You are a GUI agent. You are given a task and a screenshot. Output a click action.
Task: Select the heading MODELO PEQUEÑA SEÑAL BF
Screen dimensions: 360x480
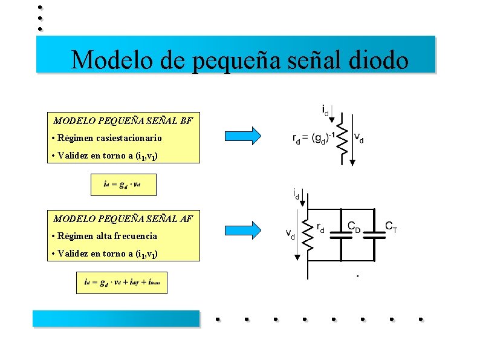click(123, 120)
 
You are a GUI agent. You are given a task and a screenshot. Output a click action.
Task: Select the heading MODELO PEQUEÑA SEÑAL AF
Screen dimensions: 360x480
click(123, 218)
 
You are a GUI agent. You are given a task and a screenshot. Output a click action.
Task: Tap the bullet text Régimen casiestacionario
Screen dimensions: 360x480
click(110, 138)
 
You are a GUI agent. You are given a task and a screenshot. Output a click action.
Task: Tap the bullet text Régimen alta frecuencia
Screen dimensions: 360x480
click(108, 236)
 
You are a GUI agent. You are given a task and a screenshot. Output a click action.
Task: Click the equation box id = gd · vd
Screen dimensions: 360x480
click(123, 185)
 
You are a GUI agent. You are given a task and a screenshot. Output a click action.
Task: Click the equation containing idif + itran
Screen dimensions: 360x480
click(122, 283)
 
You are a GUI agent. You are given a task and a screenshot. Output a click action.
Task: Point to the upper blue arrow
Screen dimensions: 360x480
click(243, 136)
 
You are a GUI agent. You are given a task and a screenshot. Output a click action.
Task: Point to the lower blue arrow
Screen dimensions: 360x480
click(243, 229)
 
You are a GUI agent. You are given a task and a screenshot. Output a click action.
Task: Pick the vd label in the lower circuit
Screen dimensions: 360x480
click(290, 234)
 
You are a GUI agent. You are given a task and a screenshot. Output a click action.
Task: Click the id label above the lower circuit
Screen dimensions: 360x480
click(296, 195)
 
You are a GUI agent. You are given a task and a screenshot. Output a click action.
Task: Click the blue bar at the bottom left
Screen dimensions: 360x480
click(116, 318)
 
